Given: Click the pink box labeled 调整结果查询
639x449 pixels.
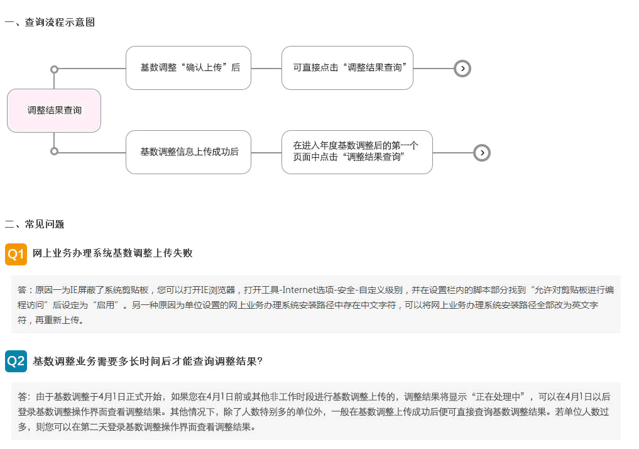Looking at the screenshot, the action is coord(54,111).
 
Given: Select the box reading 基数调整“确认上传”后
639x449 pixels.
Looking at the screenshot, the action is coord(188,68).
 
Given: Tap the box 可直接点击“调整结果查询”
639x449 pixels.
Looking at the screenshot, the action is coord(347,68).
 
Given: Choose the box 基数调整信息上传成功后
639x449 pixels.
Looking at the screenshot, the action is coord(188,152).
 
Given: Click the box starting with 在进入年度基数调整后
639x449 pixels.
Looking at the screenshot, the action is coord(357,152).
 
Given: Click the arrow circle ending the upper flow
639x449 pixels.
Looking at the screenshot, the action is coord(462,69).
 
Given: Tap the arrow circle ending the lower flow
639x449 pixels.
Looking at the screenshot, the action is coord(482,153).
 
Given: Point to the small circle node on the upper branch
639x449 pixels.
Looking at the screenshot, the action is coord(54,69).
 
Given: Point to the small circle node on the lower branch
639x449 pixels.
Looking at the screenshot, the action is coord(54,152).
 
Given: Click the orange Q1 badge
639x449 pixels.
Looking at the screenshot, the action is coord(16,255).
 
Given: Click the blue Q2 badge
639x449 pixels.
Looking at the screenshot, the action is coord(16,362).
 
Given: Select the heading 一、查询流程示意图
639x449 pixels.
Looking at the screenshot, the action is coord(50,23).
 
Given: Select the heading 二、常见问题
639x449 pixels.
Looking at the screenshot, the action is coord(35,224).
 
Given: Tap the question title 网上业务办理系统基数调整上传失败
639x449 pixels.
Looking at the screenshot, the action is coord(112,253).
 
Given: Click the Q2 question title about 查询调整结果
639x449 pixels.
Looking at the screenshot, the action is coord(148,362).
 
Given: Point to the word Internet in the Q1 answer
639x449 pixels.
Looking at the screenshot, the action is coord(300,290).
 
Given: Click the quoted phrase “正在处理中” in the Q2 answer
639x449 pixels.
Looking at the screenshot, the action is coord(500,397).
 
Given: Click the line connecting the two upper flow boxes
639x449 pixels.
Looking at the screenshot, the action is coord(266,69).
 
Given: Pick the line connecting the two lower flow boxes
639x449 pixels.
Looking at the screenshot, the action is coord(266,153).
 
